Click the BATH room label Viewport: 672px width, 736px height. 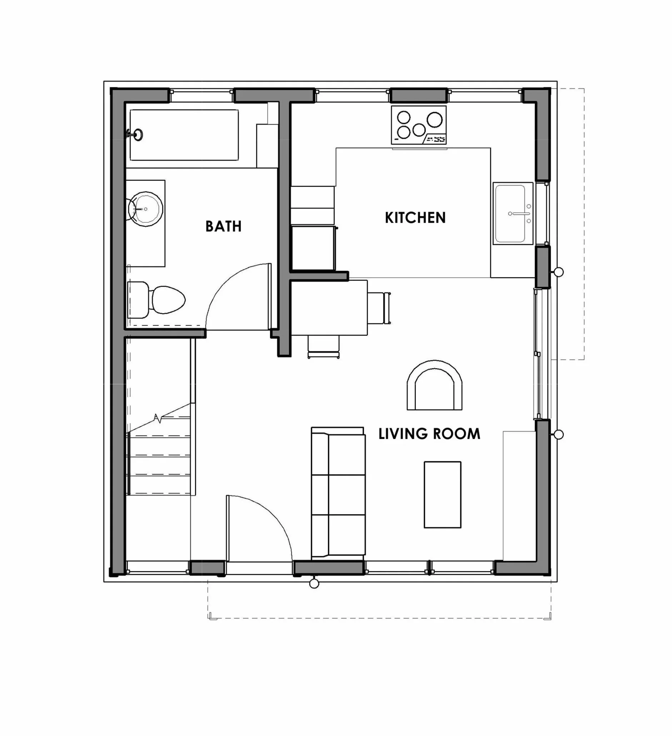point(223,226)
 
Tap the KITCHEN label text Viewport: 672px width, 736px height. point(415,217)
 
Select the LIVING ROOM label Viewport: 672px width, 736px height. point(429,434)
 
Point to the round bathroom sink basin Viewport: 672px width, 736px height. point(146,209)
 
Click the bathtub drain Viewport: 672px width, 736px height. point(138,135)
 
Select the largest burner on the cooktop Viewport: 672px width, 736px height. point(435,119)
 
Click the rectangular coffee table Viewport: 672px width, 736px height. point(442,495)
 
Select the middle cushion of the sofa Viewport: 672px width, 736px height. point(346,495)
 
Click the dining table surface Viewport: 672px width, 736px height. point(329,307)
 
